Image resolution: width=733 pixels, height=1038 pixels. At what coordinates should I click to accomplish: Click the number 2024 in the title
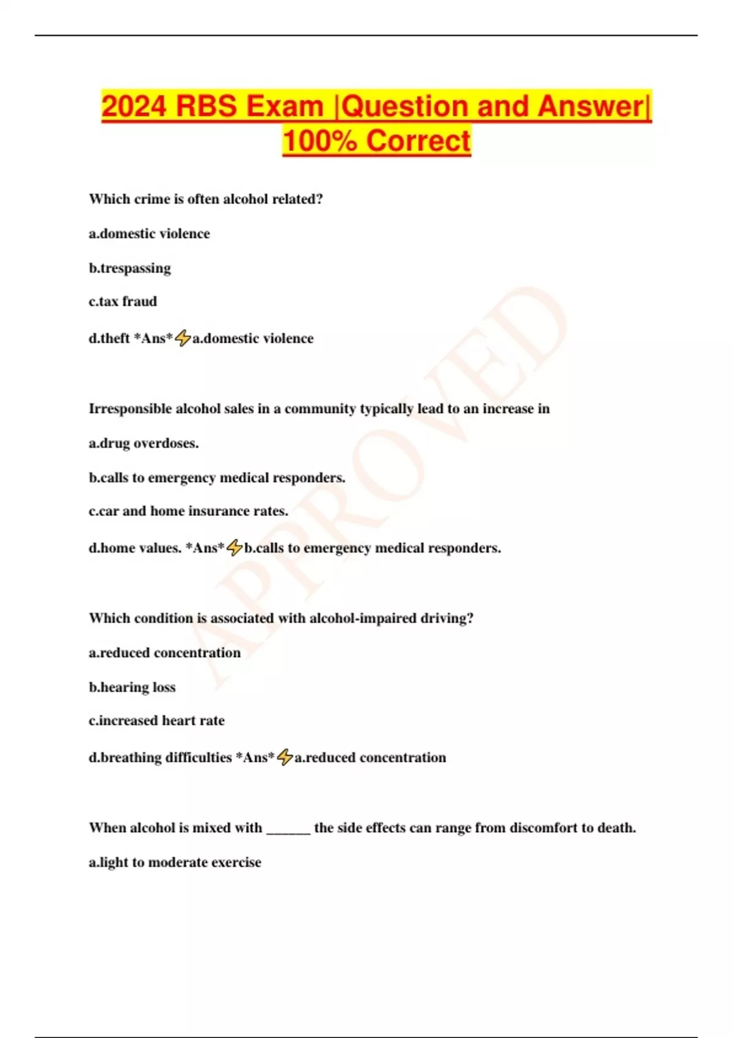pyautogui.click(x=134, y=106)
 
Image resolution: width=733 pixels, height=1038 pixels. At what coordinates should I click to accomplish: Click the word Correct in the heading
pyautogui.click(x=418, y=141)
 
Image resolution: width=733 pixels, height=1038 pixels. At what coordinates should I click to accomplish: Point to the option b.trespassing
pyautogui.click(x=130, y=268)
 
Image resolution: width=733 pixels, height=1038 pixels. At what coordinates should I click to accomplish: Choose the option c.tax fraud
pyautogui.click(x=123, y=302)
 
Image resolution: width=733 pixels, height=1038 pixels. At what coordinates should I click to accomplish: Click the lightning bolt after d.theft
pyautogui.click(x=183, y=338)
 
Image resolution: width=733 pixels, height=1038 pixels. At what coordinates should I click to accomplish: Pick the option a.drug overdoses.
pyautogui.click(x=144, y=443)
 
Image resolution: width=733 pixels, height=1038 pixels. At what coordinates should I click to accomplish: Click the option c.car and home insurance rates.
pyautogui.click(x=188, y=511)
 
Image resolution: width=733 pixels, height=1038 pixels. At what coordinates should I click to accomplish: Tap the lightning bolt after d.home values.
pyautogui.click(x=235, y=548)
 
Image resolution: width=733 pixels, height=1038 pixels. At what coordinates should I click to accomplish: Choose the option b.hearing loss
pyautogui.click(x=132, y=688)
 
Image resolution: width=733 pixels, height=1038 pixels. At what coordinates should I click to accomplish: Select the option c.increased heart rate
pyautogui.click(x=156, y=720)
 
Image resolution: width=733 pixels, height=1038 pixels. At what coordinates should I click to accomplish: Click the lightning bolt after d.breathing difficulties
pyautogui.click(x=285, y=757)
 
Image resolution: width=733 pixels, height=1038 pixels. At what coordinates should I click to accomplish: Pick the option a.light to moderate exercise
pyautogui.click(x=175, y=862)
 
